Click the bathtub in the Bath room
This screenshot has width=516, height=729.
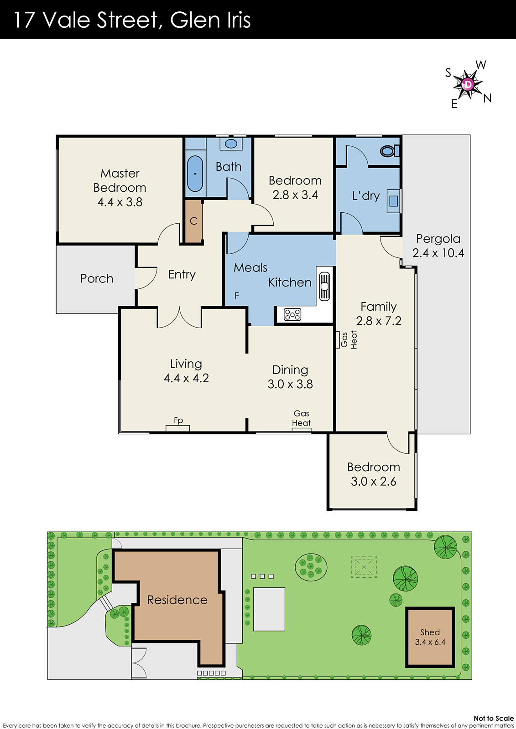pyautogui.click(x=195, y=174)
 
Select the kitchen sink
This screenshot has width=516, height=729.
pyautogui.click(x=324, y=286)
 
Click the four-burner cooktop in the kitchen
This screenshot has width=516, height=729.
pyautogui.click(x=292, y=314)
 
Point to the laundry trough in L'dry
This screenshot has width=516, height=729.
pyautogui.click(x=393, y=201)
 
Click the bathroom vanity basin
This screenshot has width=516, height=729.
pyautogui.click(x=231, y=144)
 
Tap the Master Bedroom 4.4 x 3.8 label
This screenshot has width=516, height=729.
pyautogui.click(x=120, y=187)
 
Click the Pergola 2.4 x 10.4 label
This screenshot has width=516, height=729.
pyautogui.click(x=438, y=246)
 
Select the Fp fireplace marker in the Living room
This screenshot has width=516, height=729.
pyautogui.click(x=178, y=421)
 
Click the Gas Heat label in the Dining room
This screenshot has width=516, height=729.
pyautogui.click(x=301, y=418)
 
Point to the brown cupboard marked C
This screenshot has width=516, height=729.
pyautogui.click(x=193, y=221)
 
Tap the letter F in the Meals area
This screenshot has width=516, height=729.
pyautogui.click(x=237, y=296)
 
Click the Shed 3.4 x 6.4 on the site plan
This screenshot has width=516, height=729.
pyautogui.click(x=430, y=637)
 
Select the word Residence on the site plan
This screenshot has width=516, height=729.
pyautogui.click(x=177, y=600)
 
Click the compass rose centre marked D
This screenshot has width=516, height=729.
pyautogui.click(x=468, y=84)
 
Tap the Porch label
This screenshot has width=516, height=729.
pyautogui.click(x=97, y=278)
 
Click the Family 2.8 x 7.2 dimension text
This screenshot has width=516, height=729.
pyautogui.click(x=379, y=321)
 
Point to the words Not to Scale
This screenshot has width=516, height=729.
pyautogui.click(x=494, y=718)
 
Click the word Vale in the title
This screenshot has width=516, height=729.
pyautogui.click(x=67, y=20)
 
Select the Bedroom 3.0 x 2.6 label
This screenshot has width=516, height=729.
pyautogui.click(x=373, y=474)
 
